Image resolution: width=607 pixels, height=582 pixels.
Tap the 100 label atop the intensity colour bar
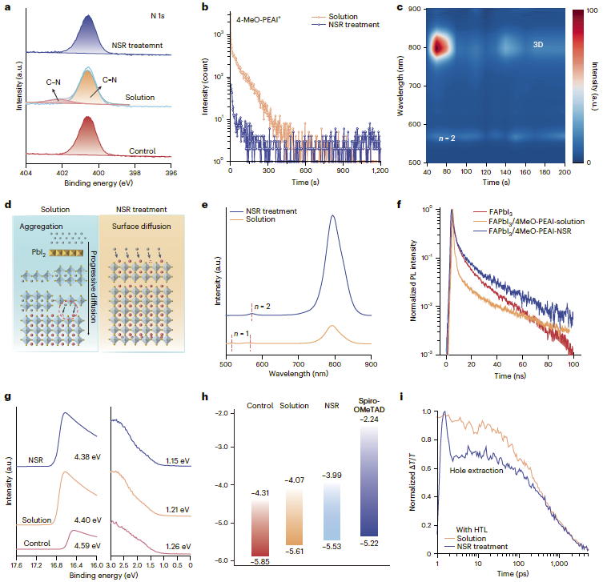pyautogui.click(x=594, y=9)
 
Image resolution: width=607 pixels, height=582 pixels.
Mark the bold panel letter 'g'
pyautogui.click(x=7, y=397)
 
